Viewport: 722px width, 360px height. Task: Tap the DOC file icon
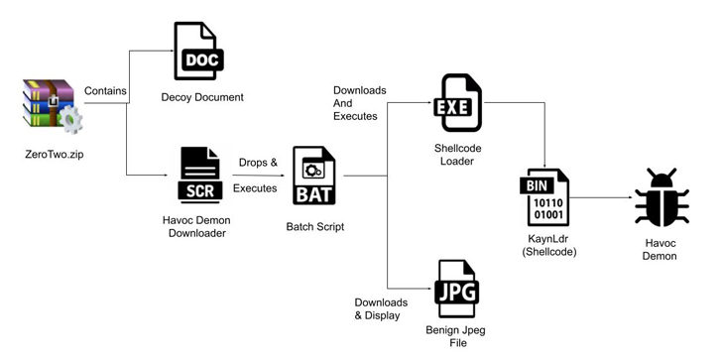(198, 52)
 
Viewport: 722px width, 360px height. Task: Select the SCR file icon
(199, 175)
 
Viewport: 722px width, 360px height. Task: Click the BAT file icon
(313, 176)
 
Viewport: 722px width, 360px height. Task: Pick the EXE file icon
(457, 103)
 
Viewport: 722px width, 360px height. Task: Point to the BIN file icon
(544, 198)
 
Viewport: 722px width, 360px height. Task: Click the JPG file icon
(457, 289)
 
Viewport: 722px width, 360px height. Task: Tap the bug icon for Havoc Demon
(662, 197)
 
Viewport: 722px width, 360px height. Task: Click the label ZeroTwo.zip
(55, 154)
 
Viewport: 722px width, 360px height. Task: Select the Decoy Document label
(202, 97)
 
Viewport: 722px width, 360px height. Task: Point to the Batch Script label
(314, 226)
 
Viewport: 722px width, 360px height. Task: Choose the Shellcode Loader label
(457, 155)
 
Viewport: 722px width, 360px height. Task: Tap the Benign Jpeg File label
(457, 336)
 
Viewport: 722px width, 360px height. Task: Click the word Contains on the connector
(105, 91)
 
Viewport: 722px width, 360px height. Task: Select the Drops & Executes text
(255, 175)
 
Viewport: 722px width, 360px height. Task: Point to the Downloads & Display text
(381, 308)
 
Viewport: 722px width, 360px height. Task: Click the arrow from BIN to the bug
(603, 197)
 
